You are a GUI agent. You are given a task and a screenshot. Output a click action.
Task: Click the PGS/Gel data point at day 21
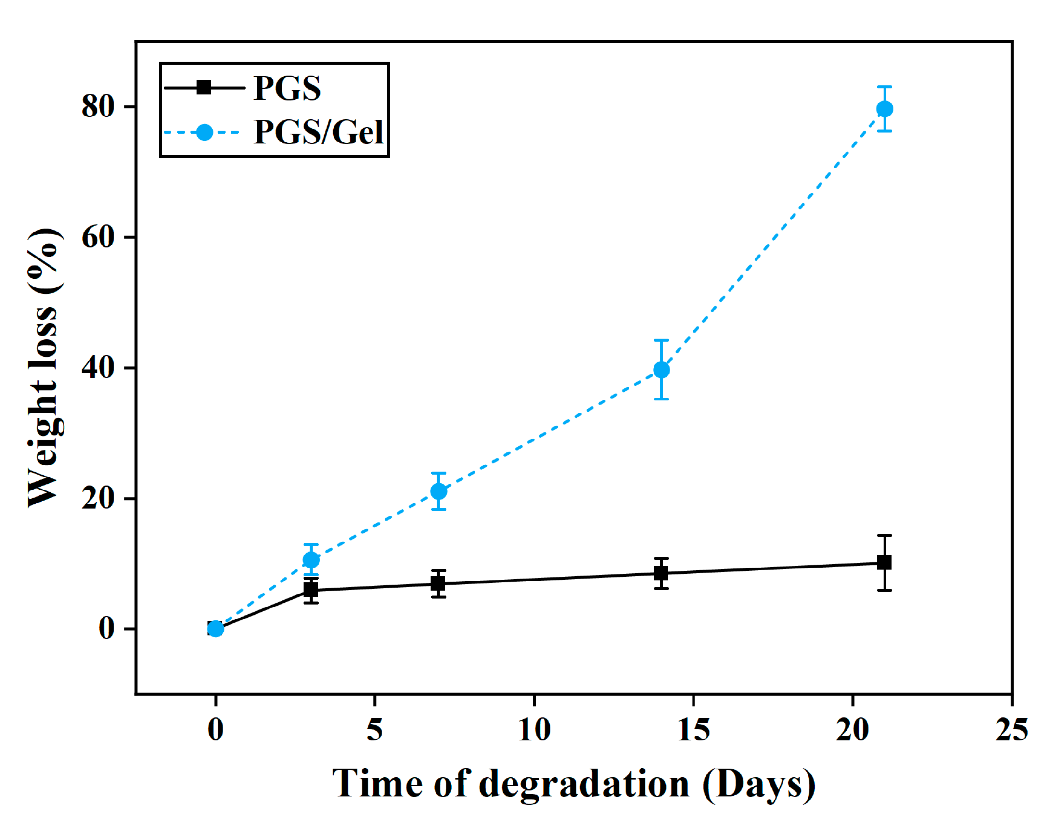[x=884, y=109]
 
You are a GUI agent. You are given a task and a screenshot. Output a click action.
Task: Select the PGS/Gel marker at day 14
[x=661, y=370]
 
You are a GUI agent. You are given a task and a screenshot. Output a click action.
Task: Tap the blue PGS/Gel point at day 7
[x=438, y=491]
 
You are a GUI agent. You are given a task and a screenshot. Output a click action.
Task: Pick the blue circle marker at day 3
[x=311, y=559]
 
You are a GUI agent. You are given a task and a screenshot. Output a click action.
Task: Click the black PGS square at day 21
[x=884, y=562]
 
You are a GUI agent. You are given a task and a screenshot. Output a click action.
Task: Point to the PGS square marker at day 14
[x=661, y=573]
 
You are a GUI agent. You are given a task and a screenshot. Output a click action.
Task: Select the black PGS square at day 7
[x=438, y=583]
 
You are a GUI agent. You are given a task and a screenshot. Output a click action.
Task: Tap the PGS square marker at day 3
[x=311, y=589]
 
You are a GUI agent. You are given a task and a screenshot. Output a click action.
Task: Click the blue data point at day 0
[x=216, y=629]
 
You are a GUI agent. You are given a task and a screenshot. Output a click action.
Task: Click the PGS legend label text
[x=287, y=88]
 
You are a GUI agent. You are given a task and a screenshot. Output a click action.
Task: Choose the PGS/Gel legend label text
[x=319, y=132]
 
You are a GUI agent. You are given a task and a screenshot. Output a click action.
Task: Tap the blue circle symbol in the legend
[x=205, y=132]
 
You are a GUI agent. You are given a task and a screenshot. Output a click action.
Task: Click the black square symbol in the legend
[x=204, y=88]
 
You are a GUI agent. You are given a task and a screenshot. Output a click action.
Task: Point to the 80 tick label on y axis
[x=98, y=106]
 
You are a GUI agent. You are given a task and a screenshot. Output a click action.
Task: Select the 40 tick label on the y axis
[x=98, y=368]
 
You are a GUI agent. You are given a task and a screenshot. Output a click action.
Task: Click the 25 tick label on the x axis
[x=1011, y=730]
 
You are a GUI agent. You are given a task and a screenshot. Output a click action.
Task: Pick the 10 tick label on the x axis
[x=534, y=730]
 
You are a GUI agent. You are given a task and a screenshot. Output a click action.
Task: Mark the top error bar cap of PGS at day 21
[x=884, y=535]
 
